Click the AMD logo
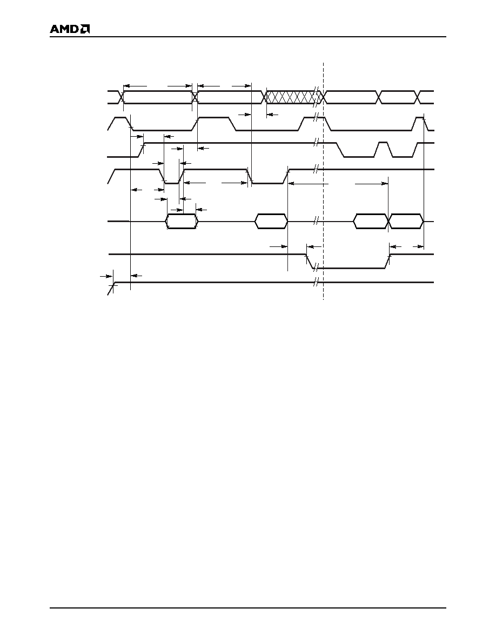click(x=70, y=29)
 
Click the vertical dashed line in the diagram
click(x=323, y=181)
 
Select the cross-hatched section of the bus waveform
click(x=293, y=97)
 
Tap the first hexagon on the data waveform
click(x=182, y=221)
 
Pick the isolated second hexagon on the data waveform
click(x=271, y=221)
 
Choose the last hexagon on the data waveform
click(x=406, y=221)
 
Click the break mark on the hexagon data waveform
click(x=316, y=221)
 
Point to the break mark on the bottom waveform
click(x=316, y=283)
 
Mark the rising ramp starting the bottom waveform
click(x=111, y=288)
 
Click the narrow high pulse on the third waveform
click(x=384, y=150)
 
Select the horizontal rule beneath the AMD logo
click(x=248, y=37)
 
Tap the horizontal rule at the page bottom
click(x=248, y=608)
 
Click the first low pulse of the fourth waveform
click(x=172, y=177)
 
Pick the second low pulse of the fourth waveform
click(x=268, y=177)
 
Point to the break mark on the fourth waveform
click(x=316, y=169)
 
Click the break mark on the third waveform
click(x=316, y=143)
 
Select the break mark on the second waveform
click(x=316, y=118)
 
